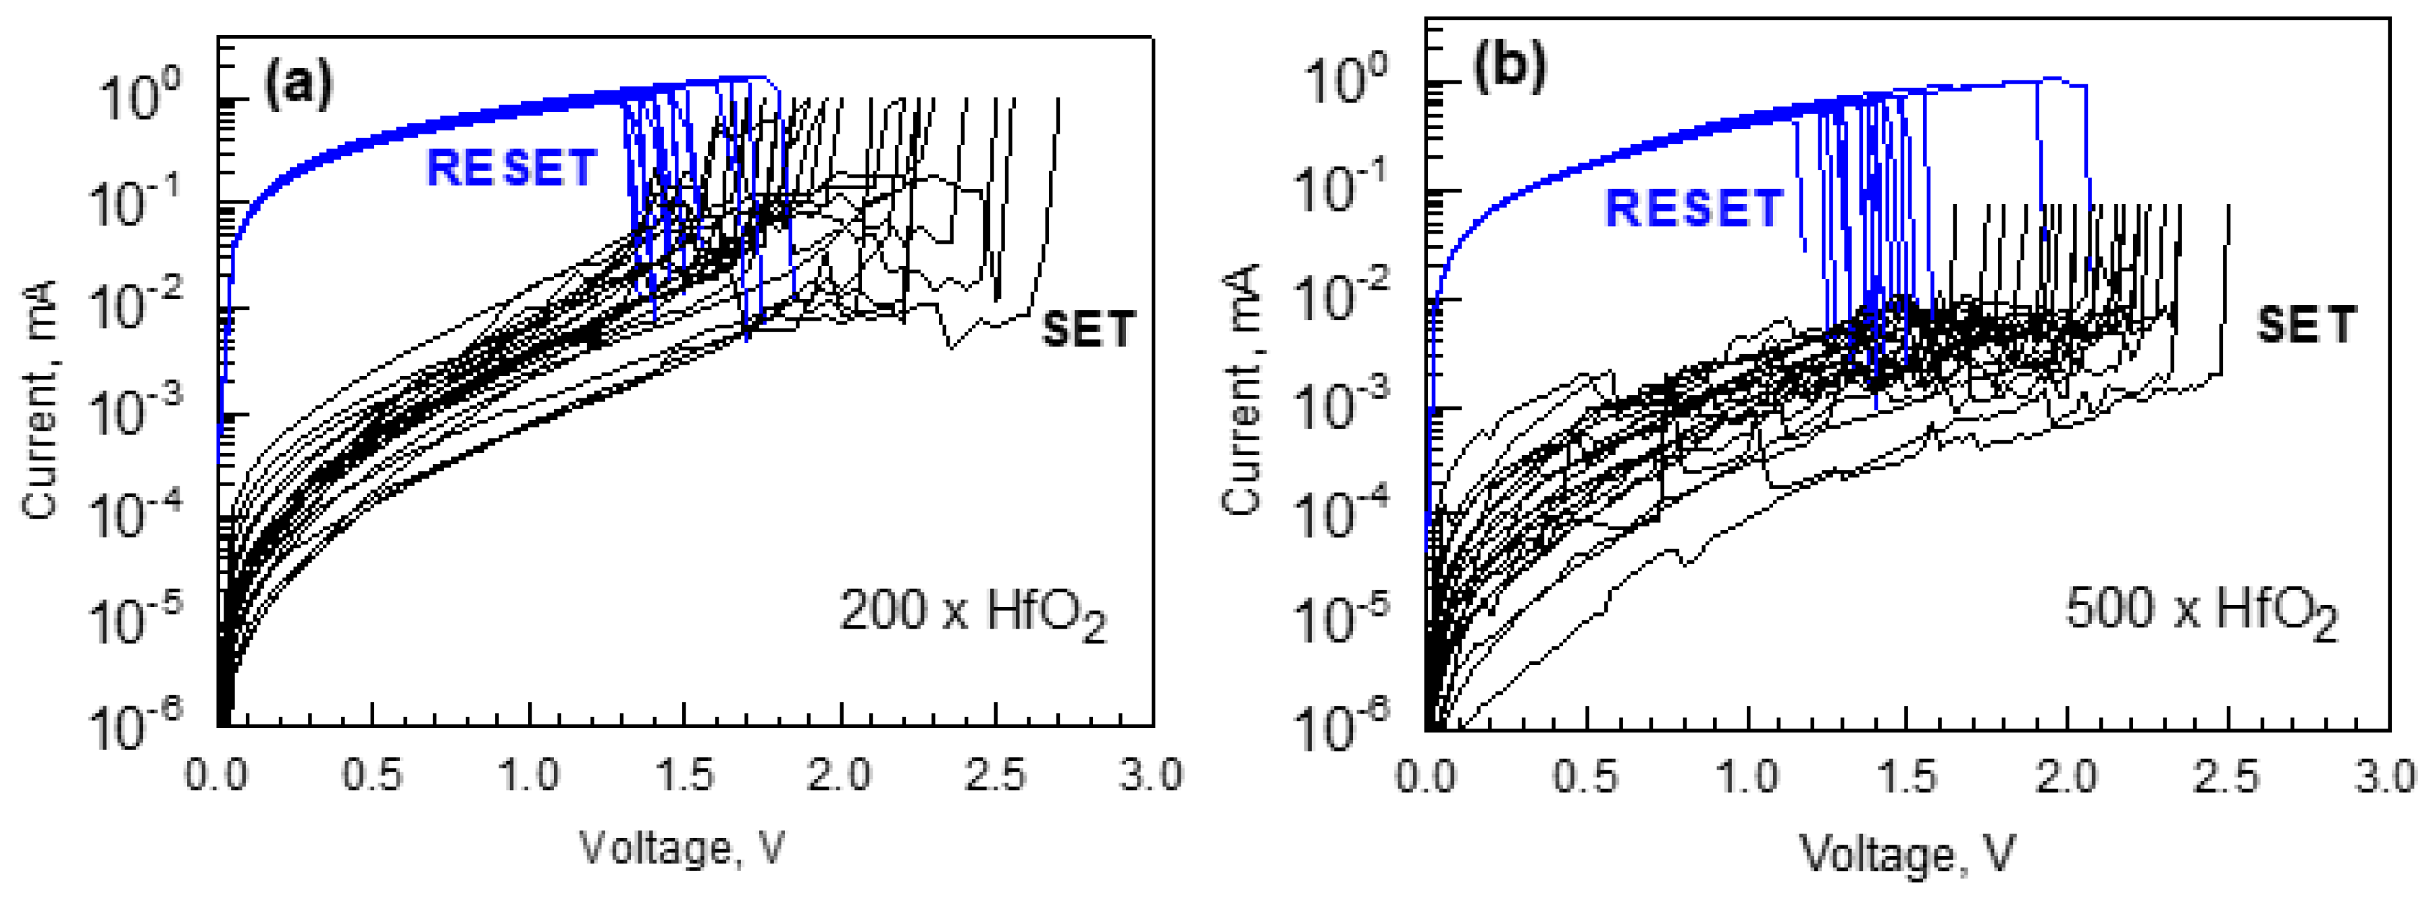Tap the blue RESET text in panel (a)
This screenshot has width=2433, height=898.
click(511, 168)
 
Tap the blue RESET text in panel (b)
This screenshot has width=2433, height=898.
click(1693, 208)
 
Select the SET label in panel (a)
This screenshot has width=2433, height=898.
click(1087, 329)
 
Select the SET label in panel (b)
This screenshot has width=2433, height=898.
click(2305, 325)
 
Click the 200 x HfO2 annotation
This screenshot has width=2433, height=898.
click(972, 614)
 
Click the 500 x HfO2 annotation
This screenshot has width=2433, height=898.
click(2200, 611)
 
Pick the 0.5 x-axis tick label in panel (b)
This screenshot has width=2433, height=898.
click(1586, 778)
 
